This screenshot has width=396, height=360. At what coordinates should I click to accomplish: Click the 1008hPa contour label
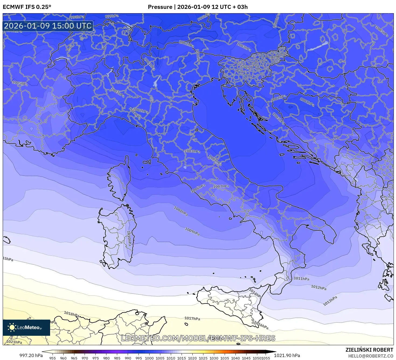(181, 211)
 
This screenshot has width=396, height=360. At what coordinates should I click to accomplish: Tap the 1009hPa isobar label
(192, 232)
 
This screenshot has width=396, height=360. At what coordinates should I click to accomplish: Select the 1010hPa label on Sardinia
(129, 238)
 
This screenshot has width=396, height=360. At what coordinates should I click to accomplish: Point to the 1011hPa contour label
(301, 279)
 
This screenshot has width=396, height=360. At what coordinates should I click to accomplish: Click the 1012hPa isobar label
(319, 287)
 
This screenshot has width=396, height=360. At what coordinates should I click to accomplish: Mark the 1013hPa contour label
(330, 301)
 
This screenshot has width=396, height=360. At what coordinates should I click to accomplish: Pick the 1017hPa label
(192, 319)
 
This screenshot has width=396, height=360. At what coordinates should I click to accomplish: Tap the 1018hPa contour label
(71, 314)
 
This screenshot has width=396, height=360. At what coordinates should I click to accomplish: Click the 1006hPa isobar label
(198, 188)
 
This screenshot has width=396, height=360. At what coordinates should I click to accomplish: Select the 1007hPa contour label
(221, 186)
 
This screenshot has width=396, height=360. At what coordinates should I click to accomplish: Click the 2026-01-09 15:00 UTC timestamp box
(48, 26)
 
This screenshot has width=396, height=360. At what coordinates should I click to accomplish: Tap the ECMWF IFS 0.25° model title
(27, 7)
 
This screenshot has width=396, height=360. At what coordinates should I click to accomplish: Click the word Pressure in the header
(160, 7)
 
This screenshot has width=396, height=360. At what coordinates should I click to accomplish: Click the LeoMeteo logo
(26, 327)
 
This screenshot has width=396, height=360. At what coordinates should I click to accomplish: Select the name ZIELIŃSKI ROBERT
(369, 350)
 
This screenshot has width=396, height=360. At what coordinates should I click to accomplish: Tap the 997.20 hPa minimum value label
(31, 355)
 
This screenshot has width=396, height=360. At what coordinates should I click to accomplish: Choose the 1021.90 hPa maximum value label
(287, 355)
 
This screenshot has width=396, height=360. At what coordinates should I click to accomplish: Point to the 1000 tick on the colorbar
(149, 358)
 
